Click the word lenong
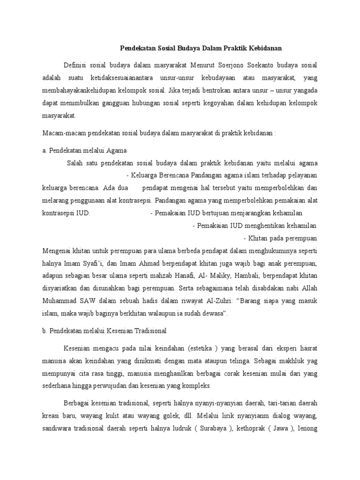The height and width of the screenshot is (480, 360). [x=309, y=428]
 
